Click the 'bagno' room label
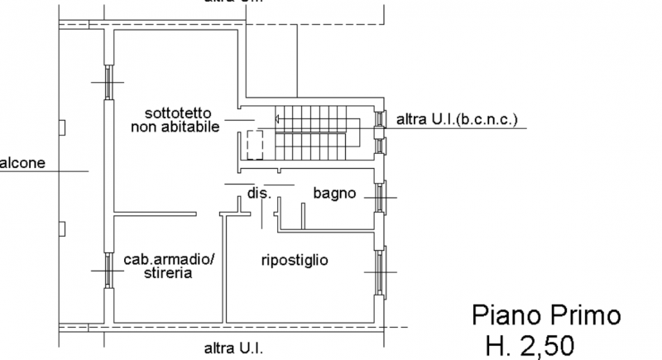pos(334,194)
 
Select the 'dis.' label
pos(259,194)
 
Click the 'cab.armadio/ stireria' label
pos(169,266)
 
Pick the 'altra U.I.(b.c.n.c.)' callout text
pos(457,119)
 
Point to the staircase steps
pos(318,132)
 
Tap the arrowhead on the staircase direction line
pos(278,119)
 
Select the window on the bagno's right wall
pos(380,197)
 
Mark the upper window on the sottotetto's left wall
pos(108,80)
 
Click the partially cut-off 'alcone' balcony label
pos(22,162)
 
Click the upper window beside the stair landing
pos(380,119)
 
